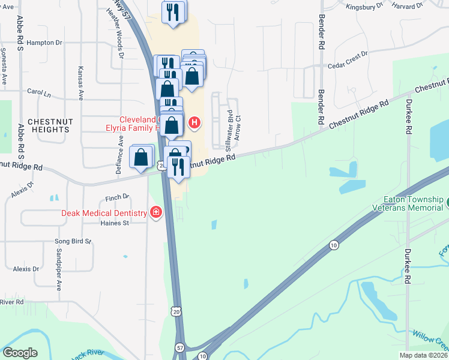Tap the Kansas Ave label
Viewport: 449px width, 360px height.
80,83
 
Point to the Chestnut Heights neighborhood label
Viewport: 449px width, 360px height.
46,125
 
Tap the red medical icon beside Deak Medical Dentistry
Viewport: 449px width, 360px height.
156,212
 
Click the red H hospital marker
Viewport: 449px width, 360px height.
194,124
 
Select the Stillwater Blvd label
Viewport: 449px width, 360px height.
229,125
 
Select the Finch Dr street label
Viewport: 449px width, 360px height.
117,197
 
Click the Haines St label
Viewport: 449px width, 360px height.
117,223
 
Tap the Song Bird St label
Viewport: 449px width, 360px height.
73,242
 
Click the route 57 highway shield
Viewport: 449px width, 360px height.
180,347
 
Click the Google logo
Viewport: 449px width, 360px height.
20,353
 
